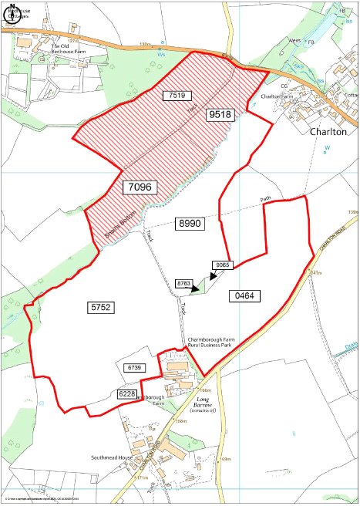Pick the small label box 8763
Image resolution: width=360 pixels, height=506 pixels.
coord(183,285)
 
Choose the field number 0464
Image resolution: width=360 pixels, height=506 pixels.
coord(246,295)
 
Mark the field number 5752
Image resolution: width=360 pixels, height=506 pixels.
coord(101,307)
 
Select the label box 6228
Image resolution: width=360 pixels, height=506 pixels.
coord(128,394)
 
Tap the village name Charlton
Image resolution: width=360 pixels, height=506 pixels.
coord(329,131)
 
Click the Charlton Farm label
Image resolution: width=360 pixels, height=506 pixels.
coord(278,96)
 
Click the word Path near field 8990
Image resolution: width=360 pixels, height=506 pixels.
coord(266,199)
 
